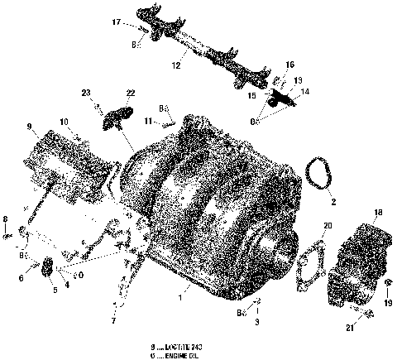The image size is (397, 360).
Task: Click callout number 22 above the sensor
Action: point(131,93)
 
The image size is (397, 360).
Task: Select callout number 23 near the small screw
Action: point(85,93)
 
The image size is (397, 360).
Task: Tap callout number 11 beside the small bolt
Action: point(148,121)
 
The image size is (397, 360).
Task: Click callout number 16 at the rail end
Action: point(290,64)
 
